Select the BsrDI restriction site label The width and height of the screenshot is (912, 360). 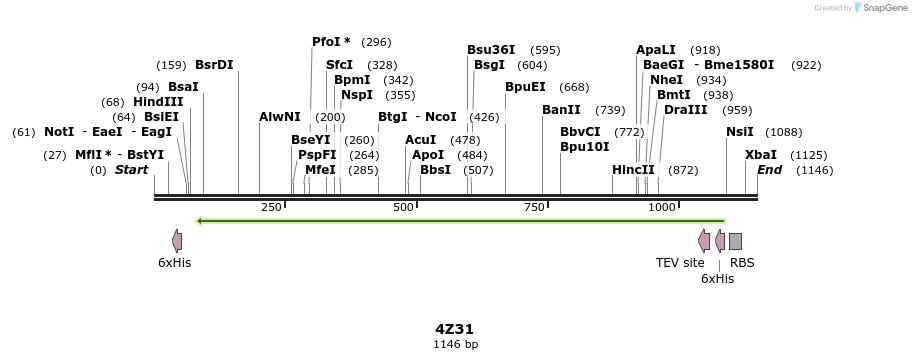point(214,65)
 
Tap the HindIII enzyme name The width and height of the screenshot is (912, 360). point(158,102)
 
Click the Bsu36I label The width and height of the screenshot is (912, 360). point(491,49)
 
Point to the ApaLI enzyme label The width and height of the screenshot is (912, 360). point(656,49)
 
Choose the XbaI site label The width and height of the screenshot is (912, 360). point(760,155)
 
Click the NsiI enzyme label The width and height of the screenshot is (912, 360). point(740,132)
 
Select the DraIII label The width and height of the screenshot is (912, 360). point(686,110)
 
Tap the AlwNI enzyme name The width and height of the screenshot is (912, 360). point(280,117)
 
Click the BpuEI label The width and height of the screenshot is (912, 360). point(525,87)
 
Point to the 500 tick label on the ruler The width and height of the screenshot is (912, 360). point(403,207)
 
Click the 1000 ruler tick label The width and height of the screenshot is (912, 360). point(662,207)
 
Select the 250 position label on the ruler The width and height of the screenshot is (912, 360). point(271,207)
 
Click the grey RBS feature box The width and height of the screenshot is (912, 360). point(735,241)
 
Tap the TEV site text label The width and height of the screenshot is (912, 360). point(680,263)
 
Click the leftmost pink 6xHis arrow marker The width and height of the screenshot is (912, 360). point(177,241)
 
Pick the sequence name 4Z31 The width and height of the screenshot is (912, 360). point(455,329)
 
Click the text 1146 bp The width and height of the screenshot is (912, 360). point(455,344)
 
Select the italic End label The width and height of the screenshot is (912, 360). point(769,170)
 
